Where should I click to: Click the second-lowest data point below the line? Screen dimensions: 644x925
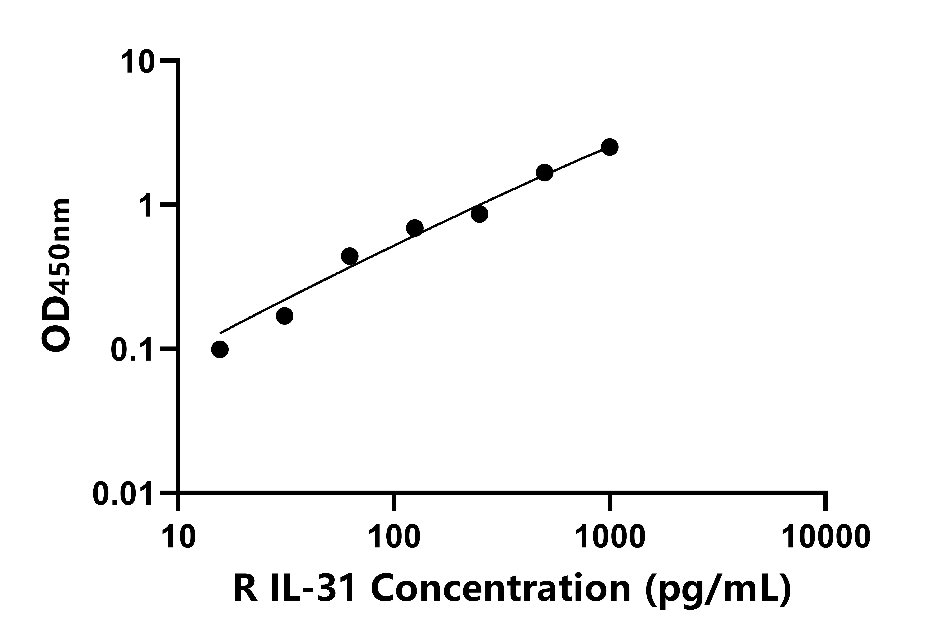coord(285,316)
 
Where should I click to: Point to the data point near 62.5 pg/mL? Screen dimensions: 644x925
coord(350,256)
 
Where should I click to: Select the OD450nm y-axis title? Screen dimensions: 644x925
coord(56,276)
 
